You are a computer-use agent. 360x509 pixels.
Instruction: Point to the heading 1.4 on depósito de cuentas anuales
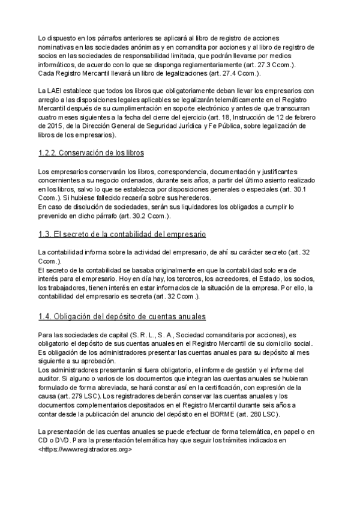[x=122, y=316]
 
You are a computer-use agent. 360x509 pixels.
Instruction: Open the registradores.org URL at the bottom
[x=84, y=449]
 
